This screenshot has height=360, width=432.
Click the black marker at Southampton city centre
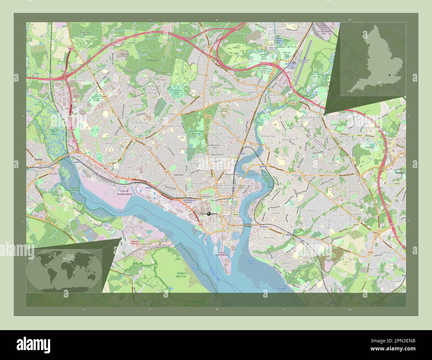[x=209, y=214]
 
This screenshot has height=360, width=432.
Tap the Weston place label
[x=288, y=263]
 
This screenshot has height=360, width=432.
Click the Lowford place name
[x=386, y=252]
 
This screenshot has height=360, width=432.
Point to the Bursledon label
[x=396, y=281]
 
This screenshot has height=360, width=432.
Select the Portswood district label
[x=234, y=137]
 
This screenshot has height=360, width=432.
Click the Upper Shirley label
[x=175, y=127]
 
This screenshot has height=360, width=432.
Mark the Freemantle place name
[x=160, y=185]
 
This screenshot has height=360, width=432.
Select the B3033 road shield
[x=356, y=225]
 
